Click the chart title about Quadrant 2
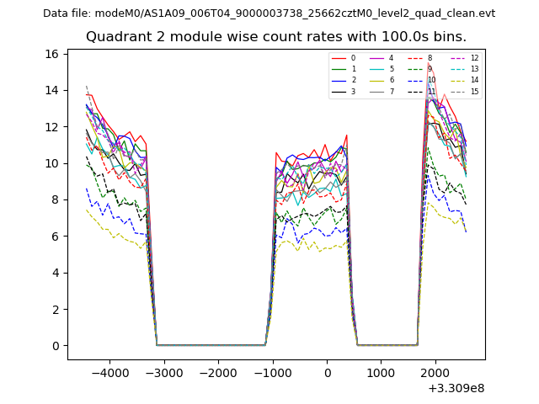coord(275,37)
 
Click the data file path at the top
coord(269,13)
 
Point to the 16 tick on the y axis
coord(52,54)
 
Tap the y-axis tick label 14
coord(52,90)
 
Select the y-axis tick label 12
coord(52,127)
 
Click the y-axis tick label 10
coord(52,163)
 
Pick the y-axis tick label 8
coord(56,199)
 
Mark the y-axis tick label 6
coord(56,237)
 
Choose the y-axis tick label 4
coord(56,273)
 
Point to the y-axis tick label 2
coord(56,309)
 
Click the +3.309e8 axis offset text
coord(456,388)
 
